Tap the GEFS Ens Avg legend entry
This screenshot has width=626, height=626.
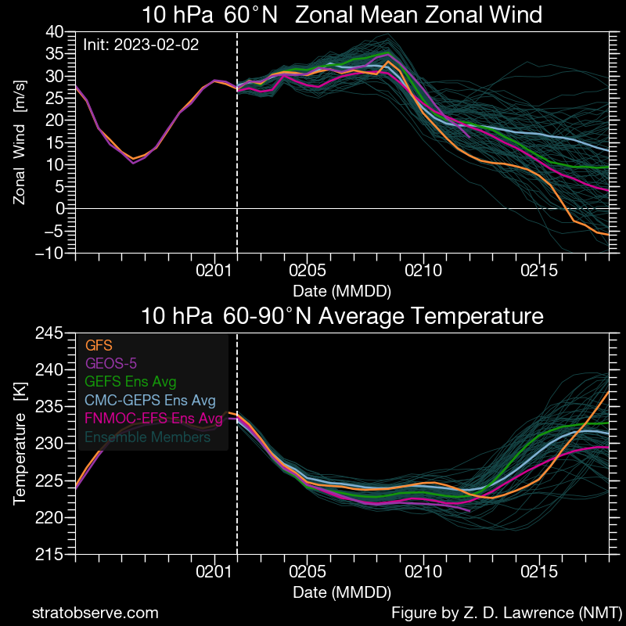pos(131,382)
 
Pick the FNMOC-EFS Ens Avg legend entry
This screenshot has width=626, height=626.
pos(154,419)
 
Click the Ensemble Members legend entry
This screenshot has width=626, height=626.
pos(148,437)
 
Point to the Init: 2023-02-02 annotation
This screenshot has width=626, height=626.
pos(141,45)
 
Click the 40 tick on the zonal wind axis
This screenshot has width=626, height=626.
pos(54,32)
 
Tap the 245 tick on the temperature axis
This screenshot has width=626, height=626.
pos(49,333)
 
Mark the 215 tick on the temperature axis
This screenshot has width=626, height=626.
pos(49,555)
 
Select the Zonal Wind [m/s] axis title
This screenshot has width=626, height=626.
pos(20,142)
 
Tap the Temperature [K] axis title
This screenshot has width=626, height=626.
pos(20,444)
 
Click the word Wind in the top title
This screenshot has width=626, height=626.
pos(515,15)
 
